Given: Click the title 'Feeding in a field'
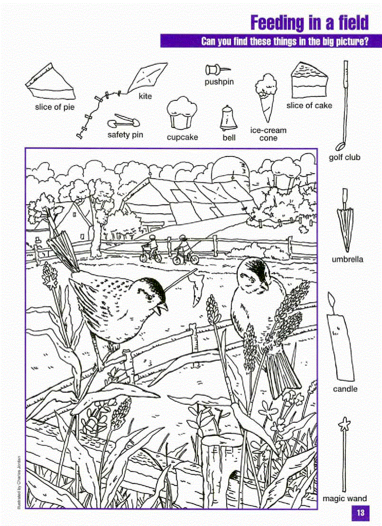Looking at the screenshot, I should click(309, 22).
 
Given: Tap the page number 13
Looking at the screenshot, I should click(360, 512).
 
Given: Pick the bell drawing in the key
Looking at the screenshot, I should click(228, 118).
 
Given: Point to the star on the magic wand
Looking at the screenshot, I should click(345, 424).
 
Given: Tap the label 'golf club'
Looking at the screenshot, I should click(345, 157).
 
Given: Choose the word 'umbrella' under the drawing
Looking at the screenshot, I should click(347, 259).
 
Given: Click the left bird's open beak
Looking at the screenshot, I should click(163, 307).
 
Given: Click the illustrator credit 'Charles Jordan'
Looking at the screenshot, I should click(19, 482).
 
